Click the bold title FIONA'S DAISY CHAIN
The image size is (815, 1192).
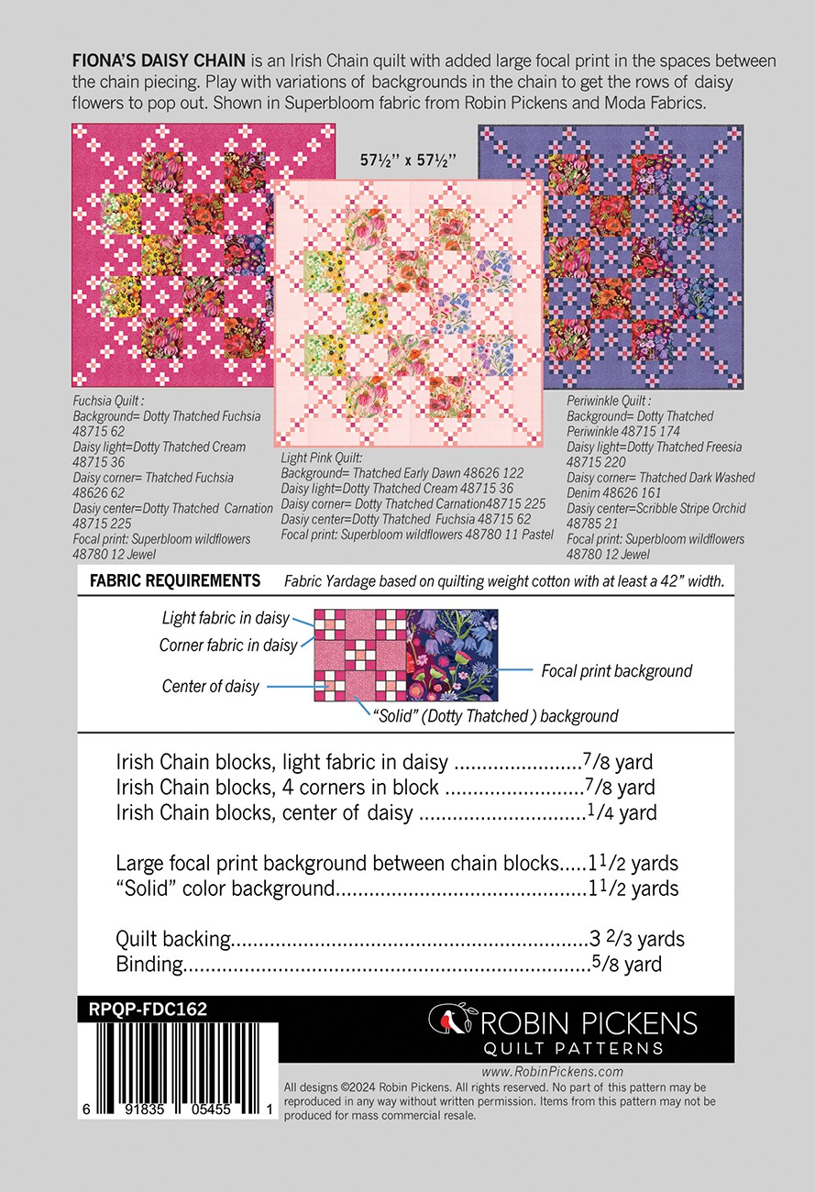pyautogui.click(x=158, y=61)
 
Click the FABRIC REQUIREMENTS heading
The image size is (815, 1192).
pyautogui.click(x=174, y=580)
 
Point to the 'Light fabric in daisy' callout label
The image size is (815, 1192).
pyautogui.click(x=225, y=619)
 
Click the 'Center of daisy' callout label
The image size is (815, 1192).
pyautogui.click(x=210, y=686)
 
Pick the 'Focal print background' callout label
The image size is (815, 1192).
pyautogui.click(x=616, y=671)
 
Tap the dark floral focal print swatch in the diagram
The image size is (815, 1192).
pyautogui.click(x=452, y=655)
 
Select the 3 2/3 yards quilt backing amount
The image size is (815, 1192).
pyautogui.click(x=637, y=939)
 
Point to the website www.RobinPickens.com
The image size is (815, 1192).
pyautogui.click(x=552, y=1071)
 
